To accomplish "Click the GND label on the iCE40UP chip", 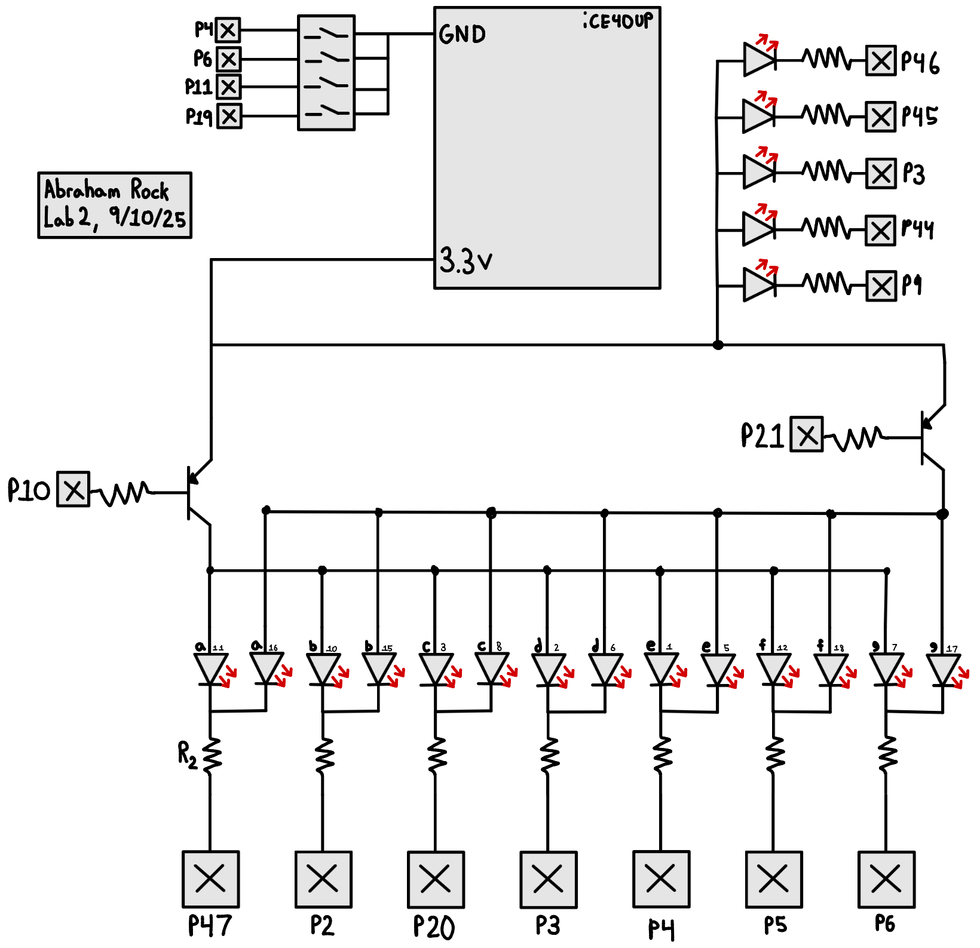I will click(462, 35).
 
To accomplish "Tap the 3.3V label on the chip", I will click(465, 261).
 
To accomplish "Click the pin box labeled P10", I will click(73, 489).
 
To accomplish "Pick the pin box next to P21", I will click(807, 434).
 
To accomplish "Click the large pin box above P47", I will click(210, 879).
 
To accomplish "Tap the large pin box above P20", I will click(436, 879).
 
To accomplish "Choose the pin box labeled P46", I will click(881, 61).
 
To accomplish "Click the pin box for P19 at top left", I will click(229, 116).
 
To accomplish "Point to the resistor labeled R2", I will click(211, 756).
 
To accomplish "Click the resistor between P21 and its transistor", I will click(855, 438).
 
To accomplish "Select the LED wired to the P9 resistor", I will click(759, 285).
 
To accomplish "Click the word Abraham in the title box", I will click(82, 190).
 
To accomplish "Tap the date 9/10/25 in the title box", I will click(148, 217).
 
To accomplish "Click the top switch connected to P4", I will click(326, 34).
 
